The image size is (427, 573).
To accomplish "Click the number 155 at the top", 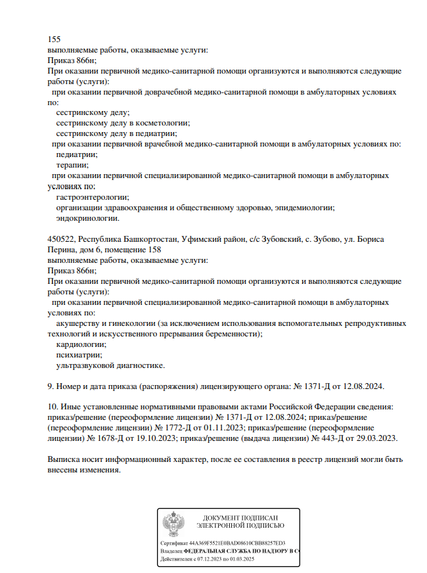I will (x=55, y=39).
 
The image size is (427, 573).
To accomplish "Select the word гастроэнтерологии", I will (x=93, y=197).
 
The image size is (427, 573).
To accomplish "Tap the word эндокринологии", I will (x=88, y=218).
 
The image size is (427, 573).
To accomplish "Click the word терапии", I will (x=73, y=165).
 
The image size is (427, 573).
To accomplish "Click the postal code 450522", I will (x=62, y=239).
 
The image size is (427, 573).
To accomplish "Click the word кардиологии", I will (x=82, y=344).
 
